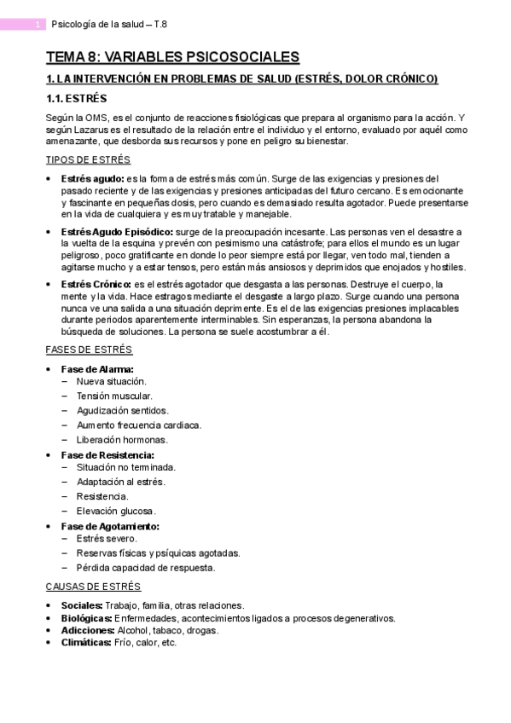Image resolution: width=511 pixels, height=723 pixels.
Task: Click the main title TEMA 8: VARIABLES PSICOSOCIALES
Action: pos(172,57)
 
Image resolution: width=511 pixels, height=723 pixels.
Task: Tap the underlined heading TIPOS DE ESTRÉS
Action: pos(88,159)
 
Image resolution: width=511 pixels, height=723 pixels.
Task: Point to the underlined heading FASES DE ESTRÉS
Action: pos(89,350)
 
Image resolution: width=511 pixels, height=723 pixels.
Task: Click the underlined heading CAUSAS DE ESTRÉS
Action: pos(93,587)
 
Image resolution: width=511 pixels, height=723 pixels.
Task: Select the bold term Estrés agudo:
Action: pos(91,178)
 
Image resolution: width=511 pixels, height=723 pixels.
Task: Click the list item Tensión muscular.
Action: pos(114,396)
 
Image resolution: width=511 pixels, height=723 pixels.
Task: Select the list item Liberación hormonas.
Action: pos(122,440)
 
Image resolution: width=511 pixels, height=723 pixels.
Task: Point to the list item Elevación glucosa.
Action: pos(116,511)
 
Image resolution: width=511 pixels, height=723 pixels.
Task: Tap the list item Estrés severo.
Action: pos(106,539)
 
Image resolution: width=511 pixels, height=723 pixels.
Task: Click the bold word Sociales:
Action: pos(82,605)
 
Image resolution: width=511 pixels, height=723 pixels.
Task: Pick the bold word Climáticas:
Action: pos(86,642)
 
